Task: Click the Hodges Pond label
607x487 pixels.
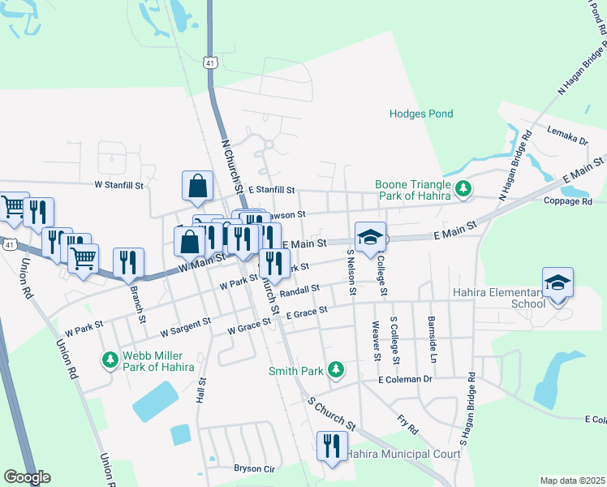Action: click(420, 114)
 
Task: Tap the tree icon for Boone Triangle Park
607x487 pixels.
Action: click(463, 189)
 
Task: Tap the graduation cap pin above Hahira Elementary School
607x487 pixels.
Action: click(557, 284)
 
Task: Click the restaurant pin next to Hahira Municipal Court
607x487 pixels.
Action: click(331, 446)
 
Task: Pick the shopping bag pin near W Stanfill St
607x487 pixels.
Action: click(197, 187)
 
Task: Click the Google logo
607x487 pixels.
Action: click(27, 477)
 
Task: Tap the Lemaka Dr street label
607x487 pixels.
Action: click(567, 135)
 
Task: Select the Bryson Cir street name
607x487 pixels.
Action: click(256, 468)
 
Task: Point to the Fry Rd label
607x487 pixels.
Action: click(407, 423)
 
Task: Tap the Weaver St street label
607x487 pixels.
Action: click(377, 341)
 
